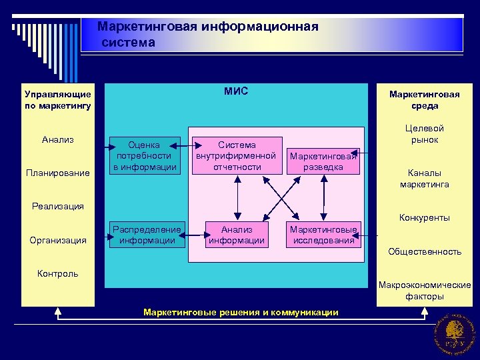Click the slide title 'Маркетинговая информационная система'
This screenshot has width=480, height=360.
click(207, 35)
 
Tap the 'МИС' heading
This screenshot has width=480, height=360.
click(236, 91)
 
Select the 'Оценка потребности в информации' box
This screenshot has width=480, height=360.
click(145, 155)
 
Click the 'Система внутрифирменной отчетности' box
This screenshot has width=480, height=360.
click(236, 155)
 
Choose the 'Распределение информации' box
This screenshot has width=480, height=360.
click(147, 235)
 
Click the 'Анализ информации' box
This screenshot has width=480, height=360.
click(237, 235)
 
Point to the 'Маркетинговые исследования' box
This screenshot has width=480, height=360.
click(323, 235)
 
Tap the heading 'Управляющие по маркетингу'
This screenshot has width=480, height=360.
click(57, 100)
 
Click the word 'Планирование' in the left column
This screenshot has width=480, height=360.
click(57, 173)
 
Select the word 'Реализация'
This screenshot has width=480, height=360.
click(58, 206)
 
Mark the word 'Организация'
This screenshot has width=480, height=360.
click(58, 240)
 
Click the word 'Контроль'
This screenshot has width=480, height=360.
click(58, 273)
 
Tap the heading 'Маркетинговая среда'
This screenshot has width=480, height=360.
click(424, 100)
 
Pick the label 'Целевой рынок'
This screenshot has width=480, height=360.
click(425, 134)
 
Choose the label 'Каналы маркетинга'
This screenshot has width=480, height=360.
click(425, 179)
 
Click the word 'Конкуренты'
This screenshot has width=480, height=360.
click(425, 217)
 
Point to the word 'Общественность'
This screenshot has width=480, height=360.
click(425, 251)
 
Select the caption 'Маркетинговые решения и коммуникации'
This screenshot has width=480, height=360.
click(241, 312)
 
